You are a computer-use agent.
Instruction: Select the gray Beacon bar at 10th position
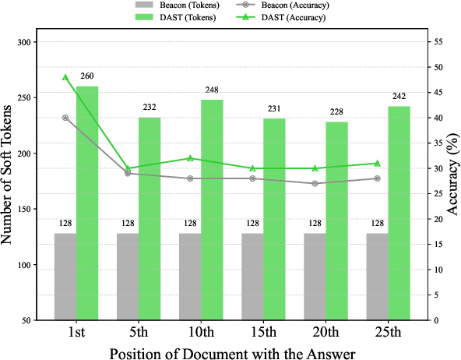[190, 277]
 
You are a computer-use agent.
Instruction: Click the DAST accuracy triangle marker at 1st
[65, 77]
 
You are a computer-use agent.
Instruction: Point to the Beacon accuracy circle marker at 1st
[65, 118]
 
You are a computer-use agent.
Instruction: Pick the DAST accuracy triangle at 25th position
[377, 163]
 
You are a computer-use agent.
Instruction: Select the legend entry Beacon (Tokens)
[167, 6]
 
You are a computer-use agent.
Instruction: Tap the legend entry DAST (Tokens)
[167, 18]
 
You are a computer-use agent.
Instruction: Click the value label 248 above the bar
[212, 92]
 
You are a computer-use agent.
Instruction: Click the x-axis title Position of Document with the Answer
[232, 351]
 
